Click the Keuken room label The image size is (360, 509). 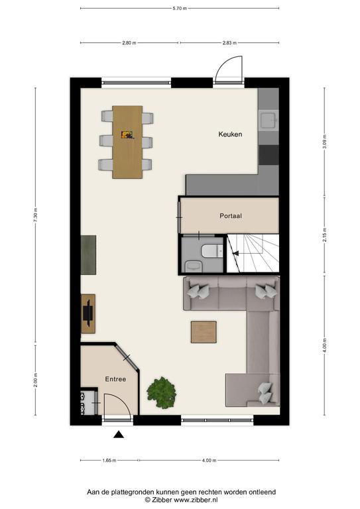[230, 134]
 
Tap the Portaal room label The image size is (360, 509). [231, 215]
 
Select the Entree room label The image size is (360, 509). [115, 379]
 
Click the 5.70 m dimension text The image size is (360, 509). [180, 9]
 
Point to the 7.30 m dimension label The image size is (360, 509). [35, 215]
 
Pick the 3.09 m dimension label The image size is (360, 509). [325, 142]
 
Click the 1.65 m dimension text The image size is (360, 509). [109, 460]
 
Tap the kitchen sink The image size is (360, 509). [269, 120]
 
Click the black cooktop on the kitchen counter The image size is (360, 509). [269, 155]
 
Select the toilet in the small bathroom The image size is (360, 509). [212, 251]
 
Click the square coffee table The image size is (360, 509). [204, 332]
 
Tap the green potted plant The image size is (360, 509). [162, 392]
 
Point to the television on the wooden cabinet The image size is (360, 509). [88, 313]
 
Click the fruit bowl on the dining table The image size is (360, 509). [127, 135]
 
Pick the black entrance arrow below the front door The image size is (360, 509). [119, 434]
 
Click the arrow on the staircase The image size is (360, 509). [235, 253]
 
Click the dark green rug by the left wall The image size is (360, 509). [88, 254]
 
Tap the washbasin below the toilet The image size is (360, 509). [194, 266]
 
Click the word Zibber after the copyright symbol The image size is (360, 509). [162, 500]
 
